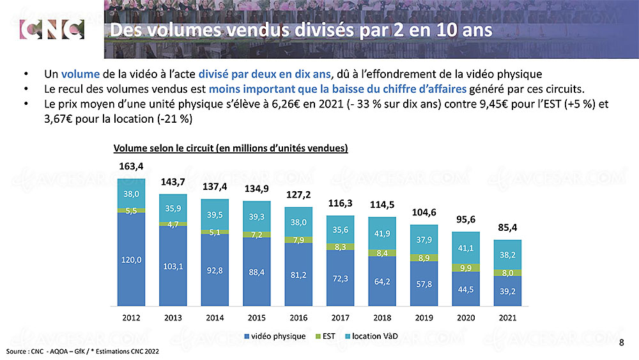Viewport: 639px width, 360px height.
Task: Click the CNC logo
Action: click(x=52, y=29)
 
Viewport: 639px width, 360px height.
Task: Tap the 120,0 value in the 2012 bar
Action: click(x=130, y=259)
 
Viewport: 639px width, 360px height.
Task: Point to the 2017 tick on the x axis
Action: click(x=341, y=317)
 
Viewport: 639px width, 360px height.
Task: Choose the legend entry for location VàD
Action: click(x=374, y=336)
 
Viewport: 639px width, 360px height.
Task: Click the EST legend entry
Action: click(x=325, y=336)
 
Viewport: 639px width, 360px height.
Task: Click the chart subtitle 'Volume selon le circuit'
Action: click(x=230, y=148)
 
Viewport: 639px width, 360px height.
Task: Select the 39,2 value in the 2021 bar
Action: click(x=507, y=291)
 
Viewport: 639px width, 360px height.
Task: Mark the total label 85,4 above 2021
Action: click(x=507, y=228)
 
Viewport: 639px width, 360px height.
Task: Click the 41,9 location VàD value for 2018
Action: click(x=382, y=233)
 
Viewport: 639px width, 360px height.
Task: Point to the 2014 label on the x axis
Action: click(x=215, y=317)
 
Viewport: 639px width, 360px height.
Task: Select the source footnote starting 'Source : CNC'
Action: click(x=82, y=352)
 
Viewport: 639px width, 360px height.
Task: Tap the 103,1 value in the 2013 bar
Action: click(x=173, y=265)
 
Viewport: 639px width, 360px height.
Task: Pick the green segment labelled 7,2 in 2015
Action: click(x=257, y=234)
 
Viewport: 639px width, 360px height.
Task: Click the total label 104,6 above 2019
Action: click(x=424, y=212)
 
